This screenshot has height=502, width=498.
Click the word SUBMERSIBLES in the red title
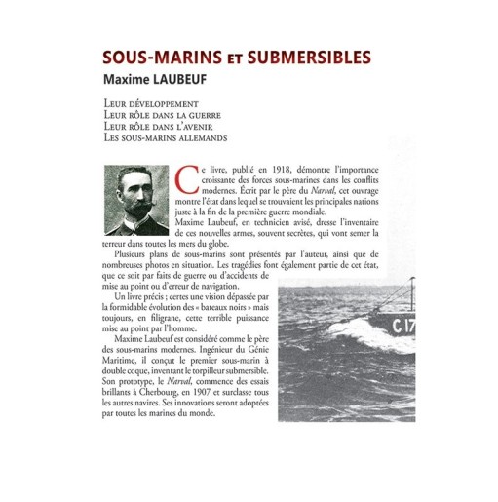(x=311, y=56)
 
